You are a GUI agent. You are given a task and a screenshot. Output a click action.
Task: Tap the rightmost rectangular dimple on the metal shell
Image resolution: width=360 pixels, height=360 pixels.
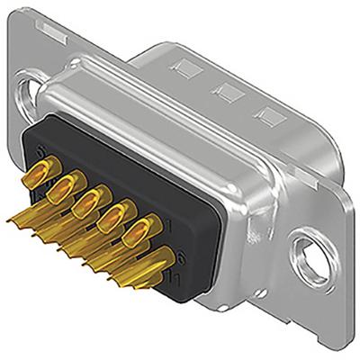[266, 112]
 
